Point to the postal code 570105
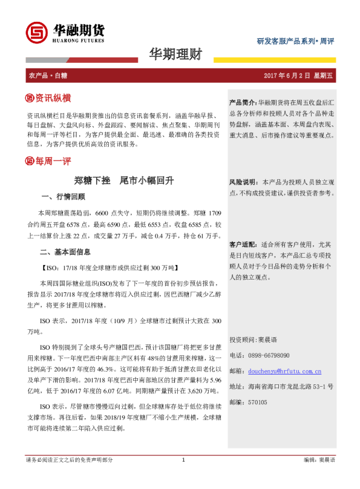(258, 402)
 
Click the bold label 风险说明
(243, 182)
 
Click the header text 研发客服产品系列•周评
(295, 41)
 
